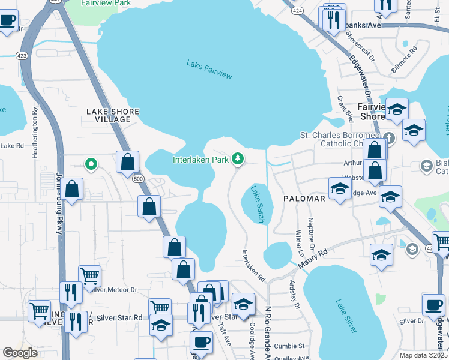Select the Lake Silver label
point(346,316)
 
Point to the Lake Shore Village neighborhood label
point(113,115)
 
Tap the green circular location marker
point(91,163)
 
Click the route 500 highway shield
point(139,179)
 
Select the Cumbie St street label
point(290,346)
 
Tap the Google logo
point(20,353)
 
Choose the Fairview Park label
point(106,3)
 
